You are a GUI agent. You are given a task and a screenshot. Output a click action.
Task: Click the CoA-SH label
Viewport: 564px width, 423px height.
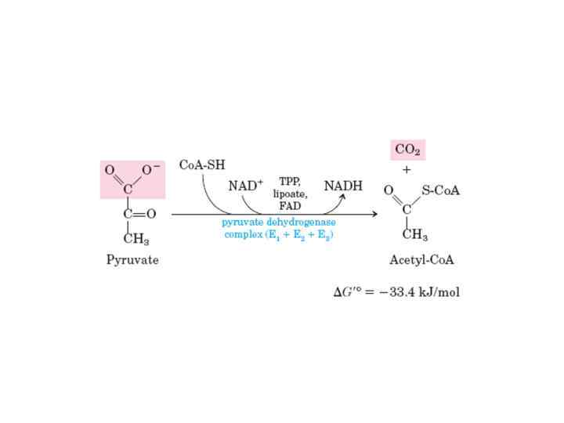(202, 165)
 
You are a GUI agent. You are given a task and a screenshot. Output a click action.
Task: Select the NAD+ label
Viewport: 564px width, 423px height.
(245, 186)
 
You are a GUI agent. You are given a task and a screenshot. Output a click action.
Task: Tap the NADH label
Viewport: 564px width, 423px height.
(343, 186)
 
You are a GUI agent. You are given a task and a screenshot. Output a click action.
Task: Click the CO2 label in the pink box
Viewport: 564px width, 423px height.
(407, 150)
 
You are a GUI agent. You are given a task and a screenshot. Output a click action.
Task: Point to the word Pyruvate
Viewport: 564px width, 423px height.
(132, 259)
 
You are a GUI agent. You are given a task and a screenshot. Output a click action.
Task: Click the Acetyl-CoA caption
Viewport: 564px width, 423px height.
(422, 259)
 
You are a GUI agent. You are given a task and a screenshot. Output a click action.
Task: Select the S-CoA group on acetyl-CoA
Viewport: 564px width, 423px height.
(440, 190)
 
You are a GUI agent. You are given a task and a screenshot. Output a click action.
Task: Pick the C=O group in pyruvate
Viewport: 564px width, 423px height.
(139, 214)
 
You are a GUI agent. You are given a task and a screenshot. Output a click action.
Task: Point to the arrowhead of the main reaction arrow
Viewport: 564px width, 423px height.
(374, 214)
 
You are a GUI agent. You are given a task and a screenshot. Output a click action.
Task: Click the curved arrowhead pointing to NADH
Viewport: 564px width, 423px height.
(342, 197)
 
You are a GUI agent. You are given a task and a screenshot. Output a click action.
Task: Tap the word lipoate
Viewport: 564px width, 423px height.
(290, 193)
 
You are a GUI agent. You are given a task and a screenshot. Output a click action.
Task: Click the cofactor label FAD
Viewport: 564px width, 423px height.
(290, 204)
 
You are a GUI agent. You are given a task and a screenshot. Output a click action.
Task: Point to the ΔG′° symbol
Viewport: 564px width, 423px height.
(349, 292)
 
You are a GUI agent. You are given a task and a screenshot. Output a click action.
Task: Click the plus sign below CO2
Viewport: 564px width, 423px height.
(407, 170)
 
